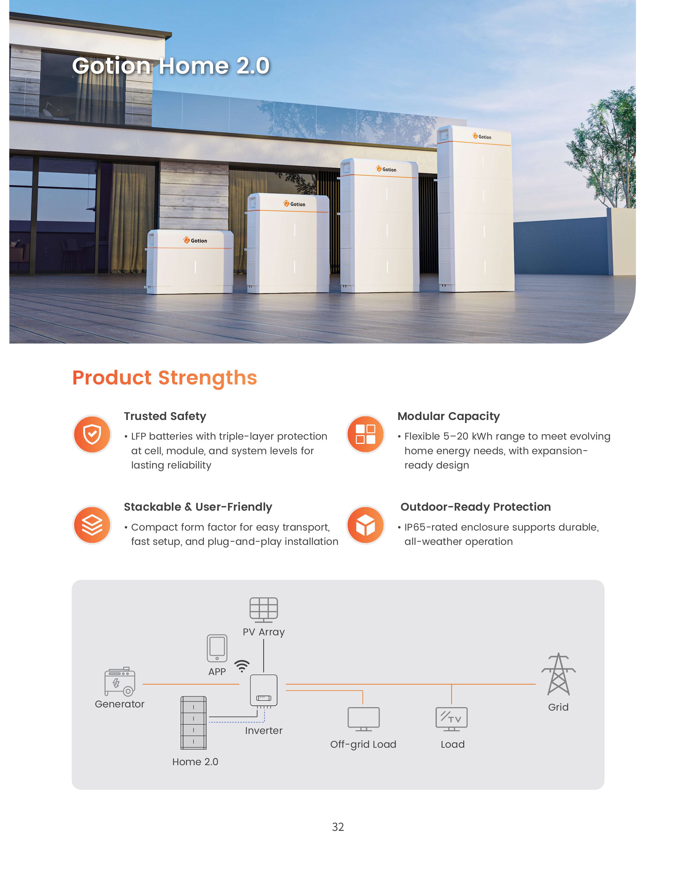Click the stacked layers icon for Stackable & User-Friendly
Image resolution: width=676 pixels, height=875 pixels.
92,525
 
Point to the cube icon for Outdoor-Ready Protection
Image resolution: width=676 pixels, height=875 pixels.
365,525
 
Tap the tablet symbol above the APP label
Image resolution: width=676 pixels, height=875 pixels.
217,648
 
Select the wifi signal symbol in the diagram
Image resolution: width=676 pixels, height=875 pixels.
242,666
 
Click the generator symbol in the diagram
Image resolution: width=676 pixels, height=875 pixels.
120,681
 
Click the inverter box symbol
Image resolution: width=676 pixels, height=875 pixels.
264,690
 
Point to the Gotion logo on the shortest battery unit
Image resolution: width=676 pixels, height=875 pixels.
195,240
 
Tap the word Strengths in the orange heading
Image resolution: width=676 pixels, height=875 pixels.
208,378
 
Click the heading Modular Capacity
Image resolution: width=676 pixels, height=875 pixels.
449,416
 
